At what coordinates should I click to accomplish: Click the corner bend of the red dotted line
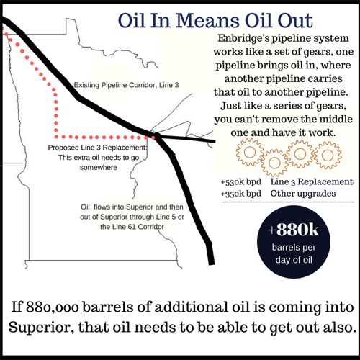(56, 135)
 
